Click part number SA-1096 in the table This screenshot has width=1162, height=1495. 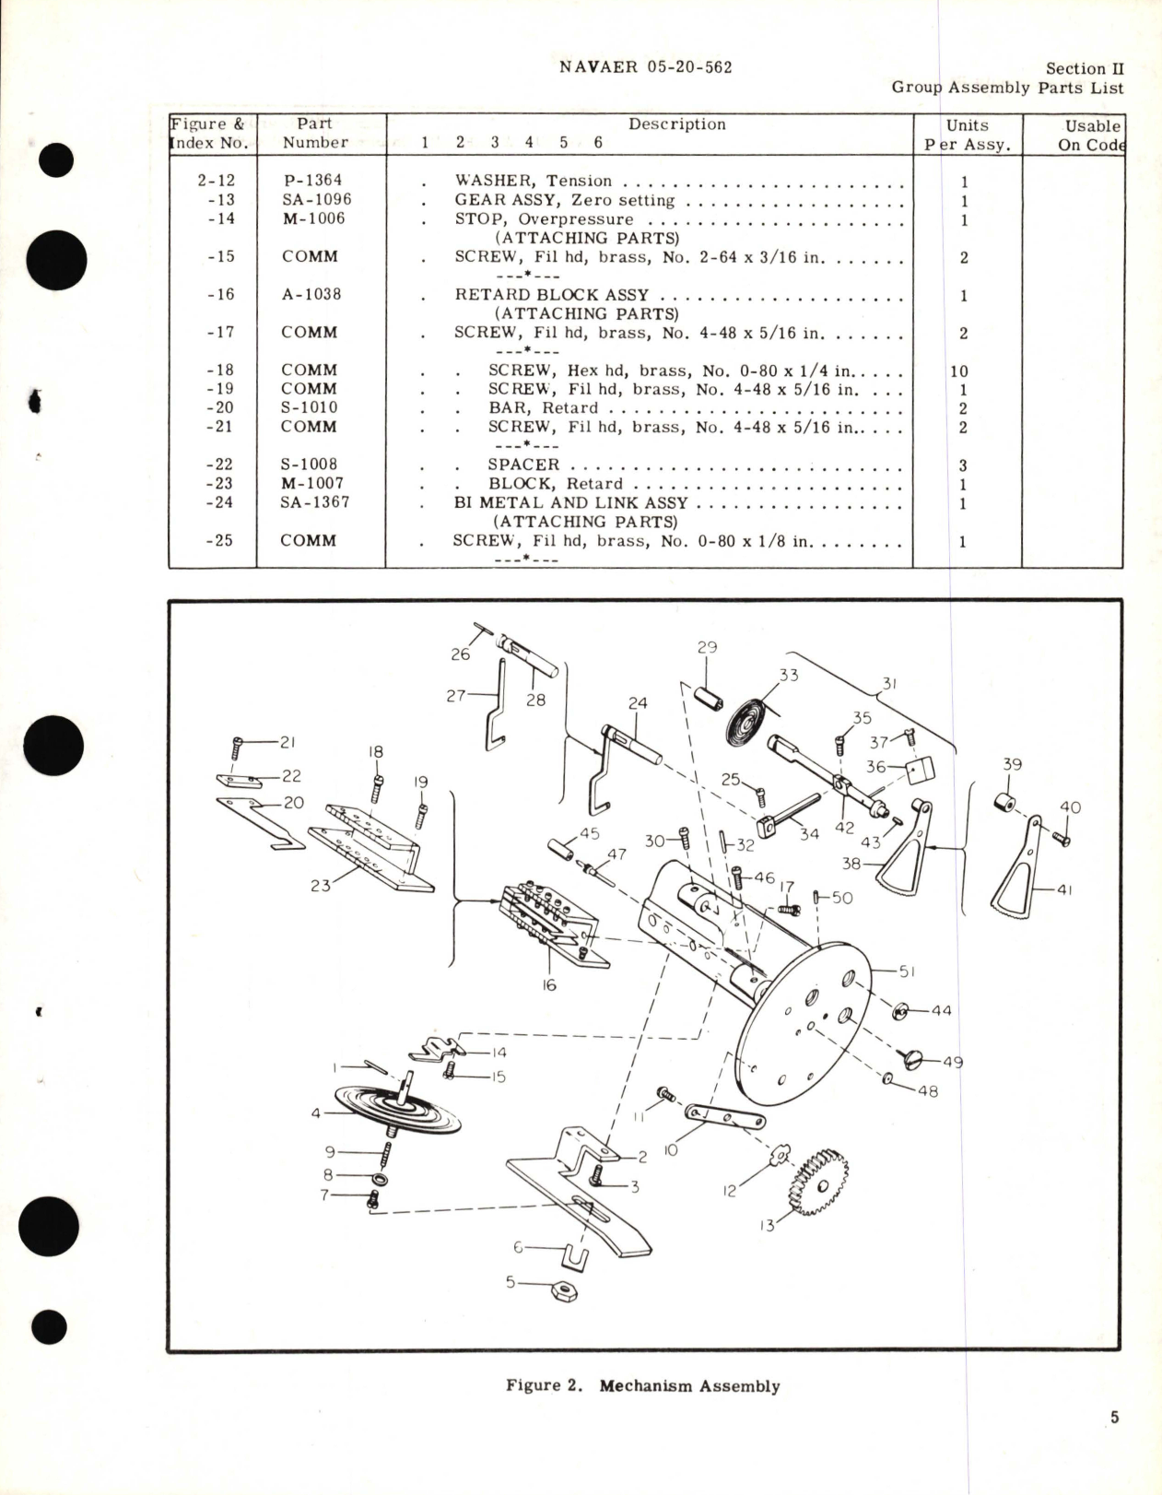pyautogui.click(x=316, y=200)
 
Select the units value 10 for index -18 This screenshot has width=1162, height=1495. pyautogui.click(x=958, y=371)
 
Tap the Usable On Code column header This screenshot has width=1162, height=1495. pyautogui.click(x=1091, y=135)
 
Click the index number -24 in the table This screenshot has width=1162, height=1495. pyautogui.click(x=220, y=502)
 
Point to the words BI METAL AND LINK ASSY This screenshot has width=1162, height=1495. pyautogui.click(x=570, y=503)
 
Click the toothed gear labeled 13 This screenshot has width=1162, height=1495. pyautogui.click(x=816, y=1183)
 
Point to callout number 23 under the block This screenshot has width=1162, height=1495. pyautogui.click(x=320, y=886)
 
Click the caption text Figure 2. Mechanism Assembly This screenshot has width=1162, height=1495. pyautogui.click(x=642, y=1385)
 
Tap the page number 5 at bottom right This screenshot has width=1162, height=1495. pyautogui.click(x=1114, y=1417)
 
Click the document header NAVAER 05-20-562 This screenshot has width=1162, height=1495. pyautogui.click(x=645, y=67)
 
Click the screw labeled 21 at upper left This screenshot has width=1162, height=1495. pyautogui.click(x=239, y=744)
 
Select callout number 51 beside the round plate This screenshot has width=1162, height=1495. pyautogui.click(x=906, y=971)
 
